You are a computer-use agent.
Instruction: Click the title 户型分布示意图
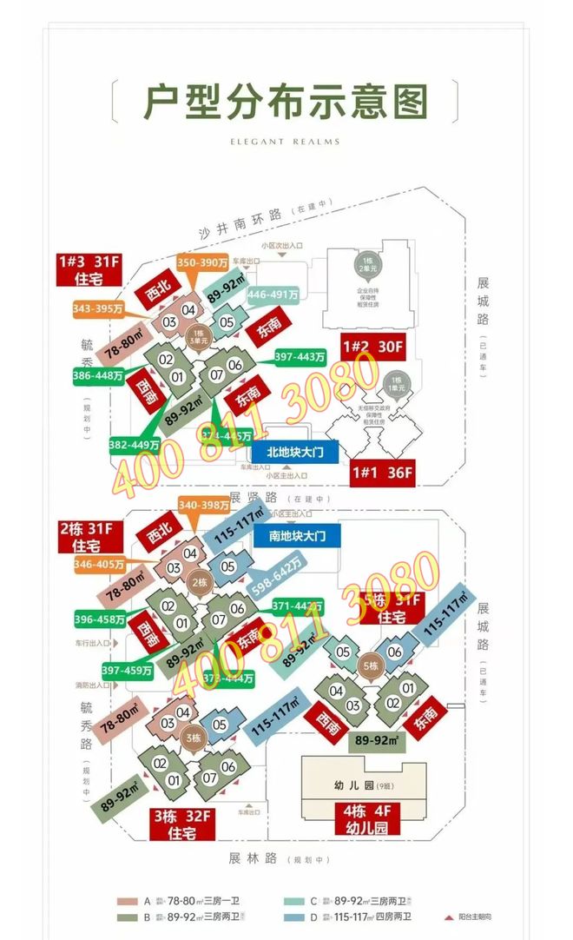coord(286,103)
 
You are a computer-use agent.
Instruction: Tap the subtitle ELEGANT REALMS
coord(286,142)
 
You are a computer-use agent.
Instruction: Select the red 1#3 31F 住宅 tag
coord(86,269)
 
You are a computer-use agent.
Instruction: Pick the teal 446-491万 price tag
coord(273,295)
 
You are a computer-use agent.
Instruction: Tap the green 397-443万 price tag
coord(300,356)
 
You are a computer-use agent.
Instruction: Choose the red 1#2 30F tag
coord(373,347)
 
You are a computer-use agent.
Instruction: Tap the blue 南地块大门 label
coord(298,535)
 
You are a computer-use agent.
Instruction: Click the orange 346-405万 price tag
coord(99,565)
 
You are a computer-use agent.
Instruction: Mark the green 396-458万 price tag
coord(99,619)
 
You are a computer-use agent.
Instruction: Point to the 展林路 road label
coord(253,858)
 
